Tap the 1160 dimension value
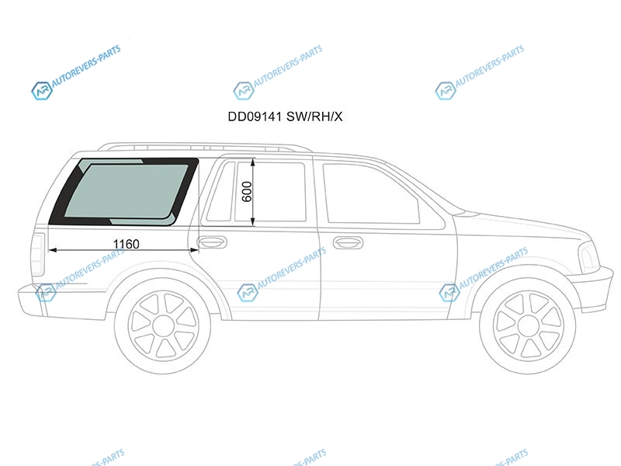pos(126,245)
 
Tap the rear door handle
pos(212,242)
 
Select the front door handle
pos(348,242)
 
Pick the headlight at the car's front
pos(588,256)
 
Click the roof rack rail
pos(202,147)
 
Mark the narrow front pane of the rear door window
pos(224,192)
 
